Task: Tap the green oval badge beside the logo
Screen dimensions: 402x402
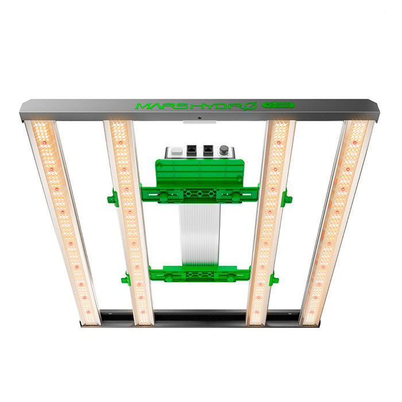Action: tap(278, 106)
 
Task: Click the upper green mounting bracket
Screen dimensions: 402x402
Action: tap(200, 194)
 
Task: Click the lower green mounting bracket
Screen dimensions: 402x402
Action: tap(200, 273)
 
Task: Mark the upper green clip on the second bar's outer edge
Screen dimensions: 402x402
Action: tap(113, 199)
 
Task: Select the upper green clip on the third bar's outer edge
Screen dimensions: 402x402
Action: tap(285, 199)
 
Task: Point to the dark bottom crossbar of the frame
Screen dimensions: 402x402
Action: tap(200, 317)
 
